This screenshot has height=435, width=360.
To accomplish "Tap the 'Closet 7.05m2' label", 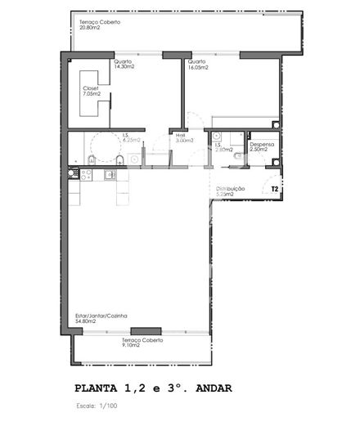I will (x=91, y=91).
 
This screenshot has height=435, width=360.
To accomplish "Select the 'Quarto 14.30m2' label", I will (x=124, y=65).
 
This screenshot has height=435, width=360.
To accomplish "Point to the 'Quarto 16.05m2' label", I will (x=197, y=65).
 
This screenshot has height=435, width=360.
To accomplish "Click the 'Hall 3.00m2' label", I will (x=184, y=138).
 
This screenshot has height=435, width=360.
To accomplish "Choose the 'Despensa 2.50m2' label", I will (x=262, y=147).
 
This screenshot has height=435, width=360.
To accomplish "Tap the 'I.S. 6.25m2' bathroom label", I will (x=131, y=138).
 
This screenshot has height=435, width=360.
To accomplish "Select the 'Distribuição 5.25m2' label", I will (x=231, y=191).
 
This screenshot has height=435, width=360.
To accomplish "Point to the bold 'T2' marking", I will (x=275, y=189).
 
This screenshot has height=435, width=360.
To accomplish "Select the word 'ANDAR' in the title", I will (x=219, y=388).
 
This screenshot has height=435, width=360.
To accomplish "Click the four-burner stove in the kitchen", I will (x=74, y=173).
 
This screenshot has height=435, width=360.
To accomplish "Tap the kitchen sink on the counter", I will (x=109, y=173).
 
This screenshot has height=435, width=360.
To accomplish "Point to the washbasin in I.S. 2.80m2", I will (x=217, y=137).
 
